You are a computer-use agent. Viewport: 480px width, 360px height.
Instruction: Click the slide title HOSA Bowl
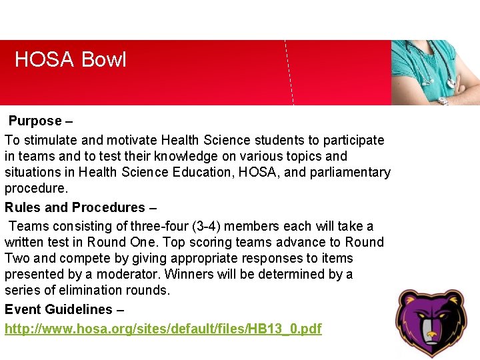[70, 60]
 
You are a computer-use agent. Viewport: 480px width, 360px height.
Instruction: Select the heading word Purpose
[35, 121]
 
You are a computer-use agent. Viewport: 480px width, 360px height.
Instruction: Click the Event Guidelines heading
[58, 309]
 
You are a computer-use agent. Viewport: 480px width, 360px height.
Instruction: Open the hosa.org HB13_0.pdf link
[163, 329]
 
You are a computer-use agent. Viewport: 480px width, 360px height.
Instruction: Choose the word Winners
[187, 274]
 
